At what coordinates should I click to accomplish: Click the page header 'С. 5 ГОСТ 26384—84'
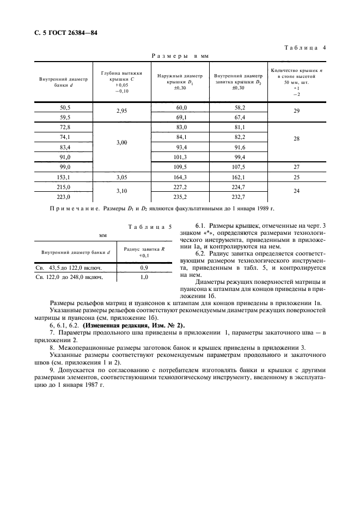tap(62, 33)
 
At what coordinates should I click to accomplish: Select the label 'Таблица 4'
tap(305, 48)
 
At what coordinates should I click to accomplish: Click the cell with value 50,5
tap(65, 108)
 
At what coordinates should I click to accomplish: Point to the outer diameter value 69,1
tap(180, 117)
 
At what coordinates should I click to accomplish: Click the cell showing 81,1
tap(239, 127)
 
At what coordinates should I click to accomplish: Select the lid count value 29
tap(297, 112)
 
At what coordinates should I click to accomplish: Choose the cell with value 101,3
tap(180, 157)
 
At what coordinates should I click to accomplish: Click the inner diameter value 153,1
tap(65, 177)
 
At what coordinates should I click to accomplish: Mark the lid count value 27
tap(297, 167)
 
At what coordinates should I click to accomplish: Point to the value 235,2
tap(180, 197)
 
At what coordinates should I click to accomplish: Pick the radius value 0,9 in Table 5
tap(144, 268)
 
